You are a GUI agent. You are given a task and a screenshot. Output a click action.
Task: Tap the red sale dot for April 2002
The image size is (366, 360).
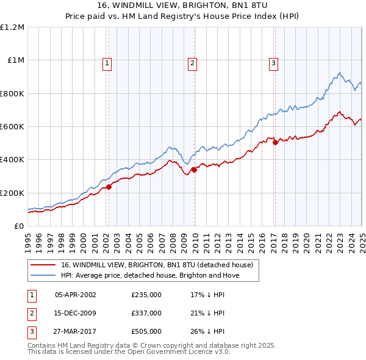coord(109,187)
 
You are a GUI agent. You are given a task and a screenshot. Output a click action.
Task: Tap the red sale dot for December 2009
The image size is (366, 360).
coord(194,170)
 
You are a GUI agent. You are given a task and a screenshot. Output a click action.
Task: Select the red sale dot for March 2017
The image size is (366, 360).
coord(275,142)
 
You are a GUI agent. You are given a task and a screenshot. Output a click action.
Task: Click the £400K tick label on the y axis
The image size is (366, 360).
coord(12,160)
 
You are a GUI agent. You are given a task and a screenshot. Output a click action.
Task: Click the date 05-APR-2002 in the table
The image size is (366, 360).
coord(76,295)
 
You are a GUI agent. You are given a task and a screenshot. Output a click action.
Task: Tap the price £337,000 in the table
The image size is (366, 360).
coord(146,313)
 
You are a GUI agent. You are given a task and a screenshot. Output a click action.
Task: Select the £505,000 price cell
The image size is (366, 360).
coord(146,332)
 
